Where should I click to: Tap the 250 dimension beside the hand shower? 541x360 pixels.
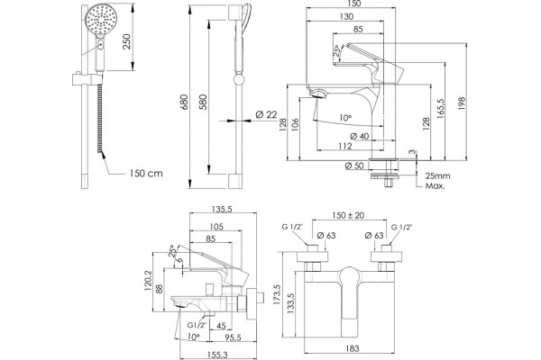[126, 41]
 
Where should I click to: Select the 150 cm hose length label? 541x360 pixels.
[146, 173]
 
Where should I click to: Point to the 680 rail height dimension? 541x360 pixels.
[184, 102]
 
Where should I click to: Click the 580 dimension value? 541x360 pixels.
[203, 102]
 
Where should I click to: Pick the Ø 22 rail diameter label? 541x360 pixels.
[266, 114]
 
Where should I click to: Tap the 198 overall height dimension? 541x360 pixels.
[462, 103]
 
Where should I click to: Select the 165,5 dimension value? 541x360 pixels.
[441, 109]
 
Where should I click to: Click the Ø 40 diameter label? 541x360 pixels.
[359, 136]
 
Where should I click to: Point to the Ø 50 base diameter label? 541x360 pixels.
[354, 166]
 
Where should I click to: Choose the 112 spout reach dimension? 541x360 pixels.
[345, 146]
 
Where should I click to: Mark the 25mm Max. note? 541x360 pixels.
[437, 181]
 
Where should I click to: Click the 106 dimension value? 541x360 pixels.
[295, 125]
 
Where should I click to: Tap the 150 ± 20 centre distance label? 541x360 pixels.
[348, 215]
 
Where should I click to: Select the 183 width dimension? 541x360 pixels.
[352, 348]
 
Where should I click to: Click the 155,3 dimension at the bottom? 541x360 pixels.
[217, 355]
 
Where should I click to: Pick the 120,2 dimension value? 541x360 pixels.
[148, 280]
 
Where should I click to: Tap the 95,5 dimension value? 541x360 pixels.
[233, 337]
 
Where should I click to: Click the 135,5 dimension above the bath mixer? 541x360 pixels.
[221, 209]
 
